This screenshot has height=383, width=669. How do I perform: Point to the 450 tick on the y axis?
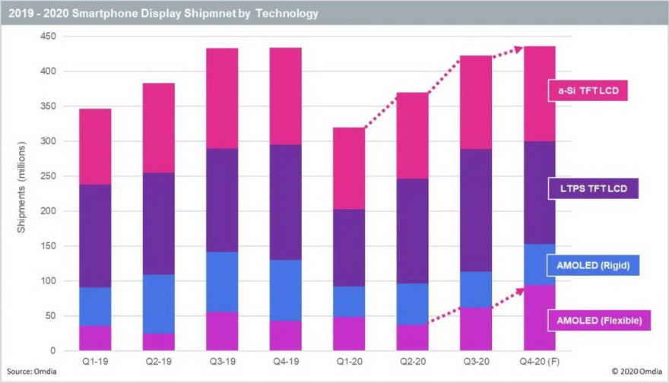click(47, 36)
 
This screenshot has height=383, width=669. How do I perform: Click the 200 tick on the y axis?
click(47, 211)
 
